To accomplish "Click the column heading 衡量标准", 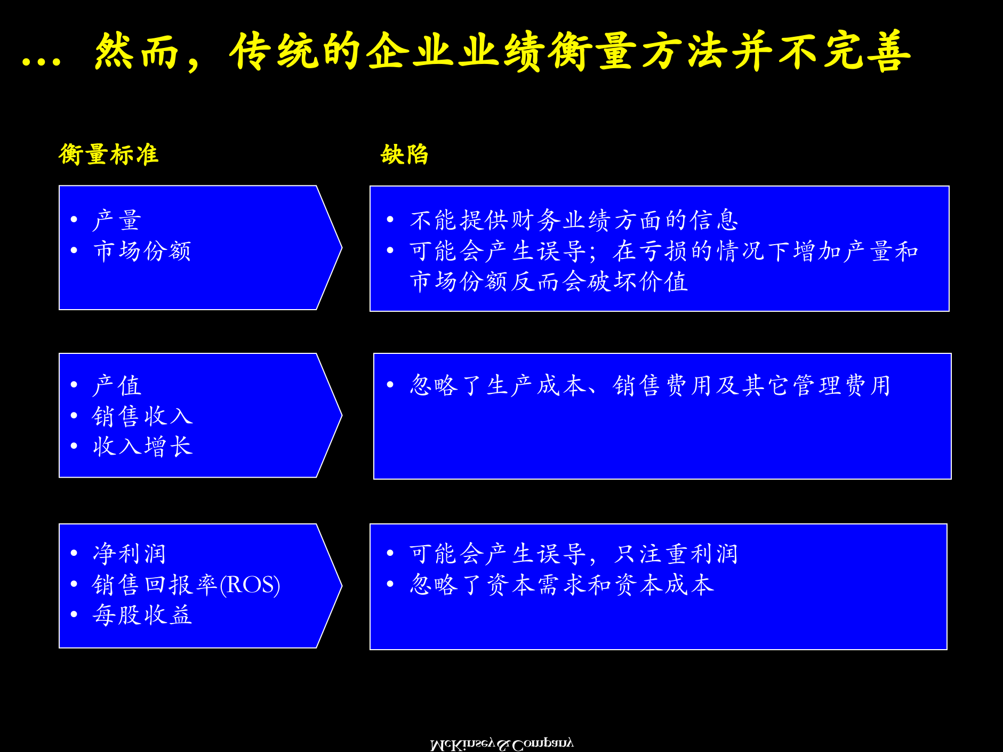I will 108,155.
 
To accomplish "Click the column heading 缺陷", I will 404,155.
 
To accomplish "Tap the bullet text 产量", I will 117,220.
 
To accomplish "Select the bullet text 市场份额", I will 142,251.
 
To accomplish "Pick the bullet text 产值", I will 117,385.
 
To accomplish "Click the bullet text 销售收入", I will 142,416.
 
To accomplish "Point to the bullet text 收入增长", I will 142,446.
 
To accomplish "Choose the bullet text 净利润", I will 130,554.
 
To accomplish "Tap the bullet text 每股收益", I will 142,615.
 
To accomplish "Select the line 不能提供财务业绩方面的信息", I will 574,220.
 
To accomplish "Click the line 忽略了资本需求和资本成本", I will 561,585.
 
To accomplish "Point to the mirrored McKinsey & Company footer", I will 501,744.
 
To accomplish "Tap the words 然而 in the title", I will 137,52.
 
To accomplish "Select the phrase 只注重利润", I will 676,554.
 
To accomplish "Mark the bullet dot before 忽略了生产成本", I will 390,385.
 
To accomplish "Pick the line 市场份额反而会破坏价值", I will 549,281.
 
